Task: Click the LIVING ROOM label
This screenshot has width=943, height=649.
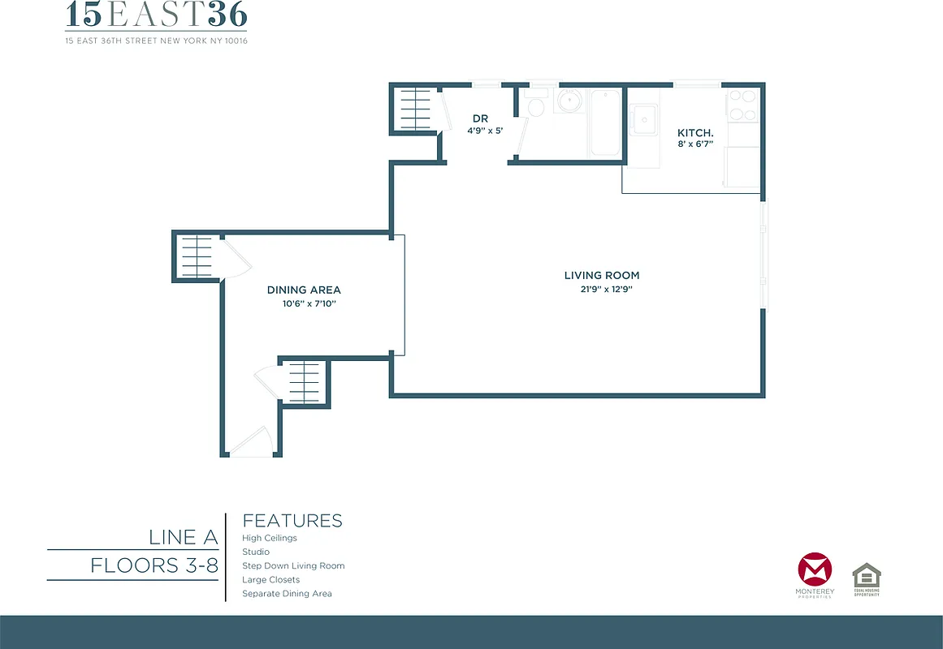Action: [x=601, y=275]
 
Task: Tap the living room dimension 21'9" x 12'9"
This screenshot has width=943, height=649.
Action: [x=601, y=289]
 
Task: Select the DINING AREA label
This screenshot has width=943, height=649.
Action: [x=304, y=290]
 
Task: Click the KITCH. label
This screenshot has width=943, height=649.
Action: [x=695, y=132]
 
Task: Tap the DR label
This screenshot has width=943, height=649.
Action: [x=480, y=118]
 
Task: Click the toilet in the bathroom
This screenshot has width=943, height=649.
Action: [x=534, y=106]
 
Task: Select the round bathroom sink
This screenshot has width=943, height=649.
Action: [x=569, y=101]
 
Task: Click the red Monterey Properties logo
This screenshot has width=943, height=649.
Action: [x=814, y=571]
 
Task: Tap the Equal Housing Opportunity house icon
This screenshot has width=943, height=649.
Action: [x=866, y=577]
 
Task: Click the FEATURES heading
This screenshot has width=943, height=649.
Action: [x=292, y=521]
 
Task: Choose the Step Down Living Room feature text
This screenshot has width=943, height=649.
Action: [x=293, y=565]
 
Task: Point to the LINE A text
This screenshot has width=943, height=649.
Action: [x=183, y=537]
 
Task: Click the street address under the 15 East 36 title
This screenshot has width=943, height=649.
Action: [x=156, y=41]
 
